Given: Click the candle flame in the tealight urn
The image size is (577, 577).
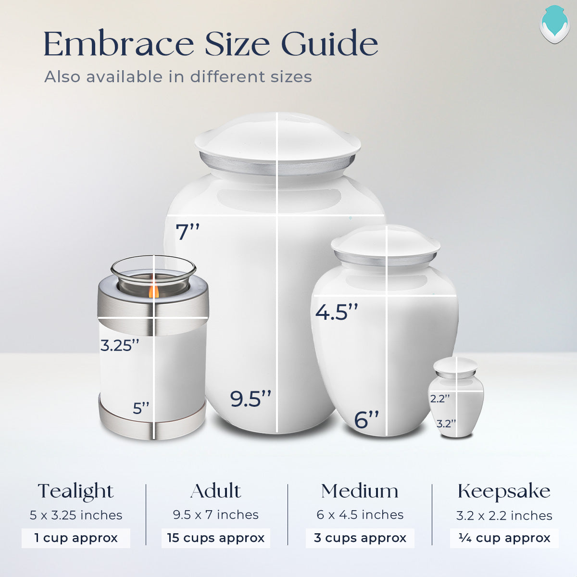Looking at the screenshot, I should click(x=153, y=290).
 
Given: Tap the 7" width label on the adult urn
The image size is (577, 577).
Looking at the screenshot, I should click(x=188, y=232).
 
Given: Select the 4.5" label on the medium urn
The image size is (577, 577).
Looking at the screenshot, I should click(x=337, y=313).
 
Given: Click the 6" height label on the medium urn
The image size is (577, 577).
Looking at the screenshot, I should click(x=366, y=420).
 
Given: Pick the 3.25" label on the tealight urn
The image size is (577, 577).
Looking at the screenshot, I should click(x=120, y=345).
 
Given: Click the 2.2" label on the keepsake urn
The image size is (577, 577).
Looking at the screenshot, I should click(x=440, y=399).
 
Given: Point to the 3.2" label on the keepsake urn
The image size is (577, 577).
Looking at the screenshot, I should click(x=446, y=424).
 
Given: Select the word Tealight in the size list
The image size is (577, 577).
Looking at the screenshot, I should click(x=75, y=491).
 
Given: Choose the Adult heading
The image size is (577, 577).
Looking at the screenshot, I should click(x=215, y=491).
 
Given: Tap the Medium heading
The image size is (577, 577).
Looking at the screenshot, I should click(x=360, y=491).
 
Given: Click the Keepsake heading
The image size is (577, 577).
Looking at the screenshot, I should click(x=504, y=491).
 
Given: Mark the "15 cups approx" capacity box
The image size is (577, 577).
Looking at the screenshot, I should click(x=216, y=538).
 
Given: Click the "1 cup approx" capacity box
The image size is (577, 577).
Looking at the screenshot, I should click(x=76, y=538).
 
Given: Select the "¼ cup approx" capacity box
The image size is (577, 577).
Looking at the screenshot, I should click(x=504, y=538).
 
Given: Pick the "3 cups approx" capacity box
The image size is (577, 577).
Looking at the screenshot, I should click(x=360, y=538).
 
